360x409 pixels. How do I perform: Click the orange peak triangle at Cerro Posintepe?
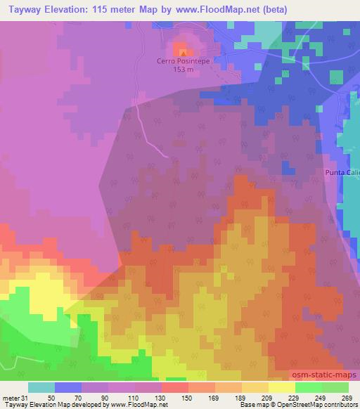coord(183,51)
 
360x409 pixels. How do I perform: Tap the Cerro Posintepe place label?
coord(183,61)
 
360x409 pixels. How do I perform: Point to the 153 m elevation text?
coord(183,69)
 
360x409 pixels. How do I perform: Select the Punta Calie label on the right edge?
coord(342,172)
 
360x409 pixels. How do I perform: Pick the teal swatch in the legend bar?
coord(41,387)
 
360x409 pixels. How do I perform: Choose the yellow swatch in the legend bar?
coord(282,387)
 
